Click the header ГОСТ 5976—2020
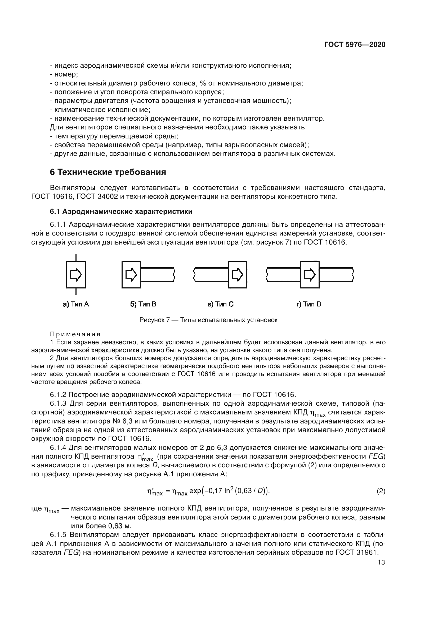click(355, 44)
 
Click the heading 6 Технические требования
click(108, 172)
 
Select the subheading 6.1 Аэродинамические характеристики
click(121, 212)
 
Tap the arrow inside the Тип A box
click(76, 274)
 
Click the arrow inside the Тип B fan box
click(131, 274)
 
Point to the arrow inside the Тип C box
click(237, 274)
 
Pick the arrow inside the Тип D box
click(310, 274)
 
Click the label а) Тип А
click(76, 304)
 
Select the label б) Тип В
click(143, 304)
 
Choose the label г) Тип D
click(309, 304)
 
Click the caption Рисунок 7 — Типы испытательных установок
click(208, 320)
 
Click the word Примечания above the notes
click(75, 334)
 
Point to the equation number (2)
click(381, 491)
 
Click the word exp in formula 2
click(195, 491)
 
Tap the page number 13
click(381, 562)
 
